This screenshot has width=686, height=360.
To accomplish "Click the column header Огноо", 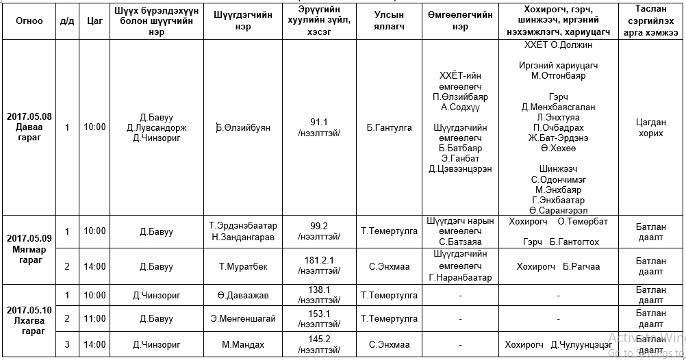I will (29, 21).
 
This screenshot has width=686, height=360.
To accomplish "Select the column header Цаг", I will (95, 21).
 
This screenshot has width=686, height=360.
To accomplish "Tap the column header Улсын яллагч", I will (390, 21).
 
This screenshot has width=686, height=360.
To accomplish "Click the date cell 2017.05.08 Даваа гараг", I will (29, 127).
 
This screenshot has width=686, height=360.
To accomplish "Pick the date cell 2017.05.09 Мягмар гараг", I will (29, 249).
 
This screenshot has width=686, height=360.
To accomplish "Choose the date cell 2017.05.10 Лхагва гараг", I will (29, 318).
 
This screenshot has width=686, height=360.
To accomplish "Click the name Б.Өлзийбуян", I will (243, 127).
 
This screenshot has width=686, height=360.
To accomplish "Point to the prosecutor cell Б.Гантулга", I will (390, 127).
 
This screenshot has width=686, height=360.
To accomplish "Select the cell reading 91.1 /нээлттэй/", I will (319, 127).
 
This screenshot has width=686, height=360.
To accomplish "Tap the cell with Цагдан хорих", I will (650, 128).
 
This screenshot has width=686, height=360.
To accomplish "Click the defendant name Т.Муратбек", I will (243, 266).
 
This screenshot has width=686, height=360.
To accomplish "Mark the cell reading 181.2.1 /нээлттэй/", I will (319, 266).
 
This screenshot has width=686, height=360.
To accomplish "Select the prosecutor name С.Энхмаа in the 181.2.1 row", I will (390, 266).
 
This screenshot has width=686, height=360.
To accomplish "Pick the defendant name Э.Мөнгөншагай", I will (243, 319).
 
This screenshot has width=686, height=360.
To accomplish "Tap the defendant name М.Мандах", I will (243, 345).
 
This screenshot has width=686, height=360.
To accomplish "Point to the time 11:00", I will (95, 319).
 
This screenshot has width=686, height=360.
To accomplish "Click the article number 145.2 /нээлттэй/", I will (319, 344).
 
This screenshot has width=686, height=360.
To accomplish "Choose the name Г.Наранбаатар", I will (460, 278).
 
